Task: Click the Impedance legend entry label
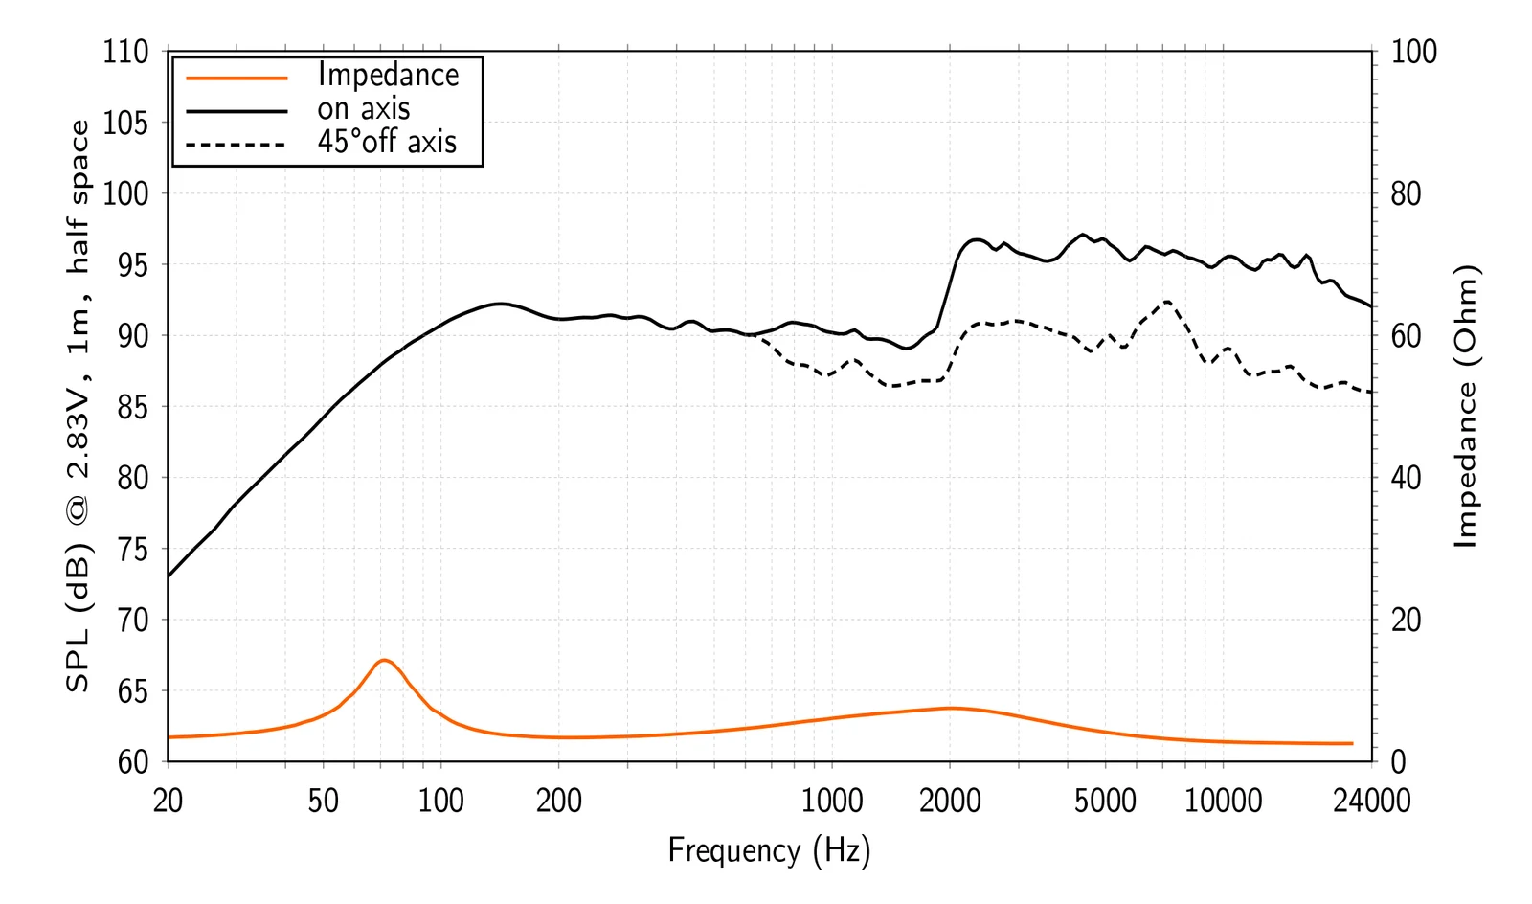(x=388, y=75)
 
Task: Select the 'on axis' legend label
(x=364, y=109)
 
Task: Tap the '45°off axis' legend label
(x=387, y=143)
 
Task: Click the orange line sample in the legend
(x=237, y=78)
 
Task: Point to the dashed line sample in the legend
(x=237, y=146)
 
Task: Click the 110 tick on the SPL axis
(x=126, y=52)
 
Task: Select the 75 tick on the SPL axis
(x=133, y=550)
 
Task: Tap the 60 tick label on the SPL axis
(x=133, y=762)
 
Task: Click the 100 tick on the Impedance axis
(x=1413, y=52)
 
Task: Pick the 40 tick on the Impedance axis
(x=1406, y=478)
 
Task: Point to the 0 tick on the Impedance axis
(x=1399, y=762)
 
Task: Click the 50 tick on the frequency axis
(x=324, y=801)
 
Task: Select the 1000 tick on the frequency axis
(x=831, y=801)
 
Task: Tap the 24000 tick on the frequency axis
(x=1371, y=801)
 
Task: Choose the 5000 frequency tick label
(x=1105, y=801)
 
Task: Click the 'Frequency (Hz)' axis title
(x=769, y=850)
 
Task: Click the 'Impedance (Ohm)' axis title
(x=1466, y=406)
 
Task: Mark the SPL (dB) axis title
(x=78, y=406)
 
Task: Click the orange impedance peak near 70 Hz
(x=383, y=660)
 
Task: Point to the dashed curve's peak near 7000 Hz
(x=1167, y=302)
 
